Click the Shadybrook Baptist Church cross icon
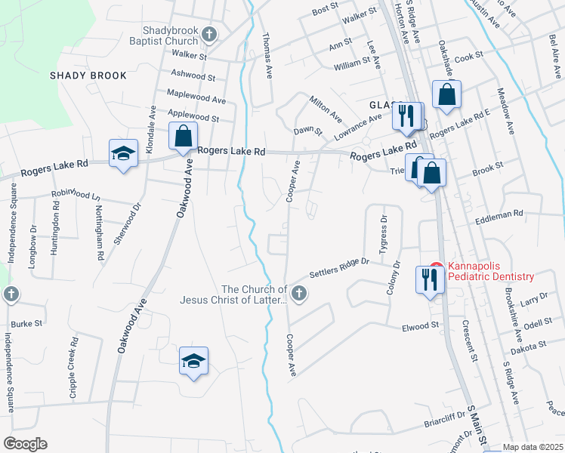point(209,34)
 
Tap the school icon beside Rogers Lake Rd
point(123,155)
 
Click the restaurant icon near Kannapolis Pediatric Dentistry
point(427,279)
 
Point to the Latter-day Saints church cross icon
point(299,293)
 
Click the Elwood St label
point(421,325)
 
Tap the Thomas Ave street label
point(267,55)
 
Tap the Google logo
point(25,443)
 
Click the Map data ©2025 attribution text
point(533,447)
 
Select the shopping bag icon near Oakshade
point(446,95)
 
